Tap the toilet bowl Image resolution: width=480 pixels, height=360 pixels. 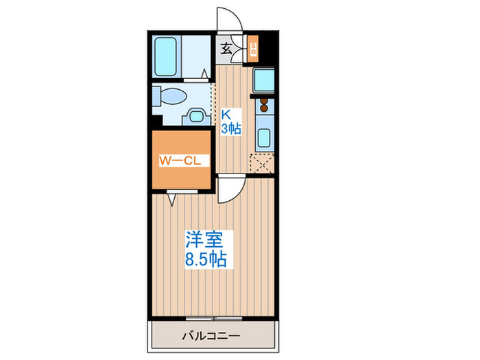coord(166,95)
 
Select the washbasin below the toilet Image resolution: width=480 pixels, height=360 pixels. coord(195,116)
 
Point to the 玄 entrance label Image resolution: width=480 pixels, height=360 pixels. coord(226,49)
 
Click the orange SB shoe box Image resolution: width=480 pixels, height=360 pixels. coord(252,49)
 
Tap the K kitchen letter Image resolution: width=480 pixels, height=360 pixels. coord(224,116)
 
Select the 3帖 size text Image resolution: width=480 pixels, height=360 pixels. coord(230,129)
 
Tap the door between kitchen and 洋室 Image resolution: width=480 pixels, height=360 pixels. coord(230,189)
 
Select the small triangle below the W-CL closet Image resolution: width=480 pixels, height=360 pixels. coord(171,199)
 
